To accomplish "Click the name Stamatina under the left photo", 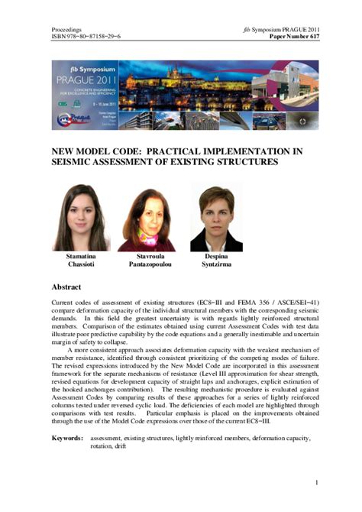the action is (x=79, y=258).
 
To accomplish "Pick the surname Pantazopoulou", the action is (x=149, y=267).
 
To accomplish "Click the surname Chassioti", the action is (x=79, y=267).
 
